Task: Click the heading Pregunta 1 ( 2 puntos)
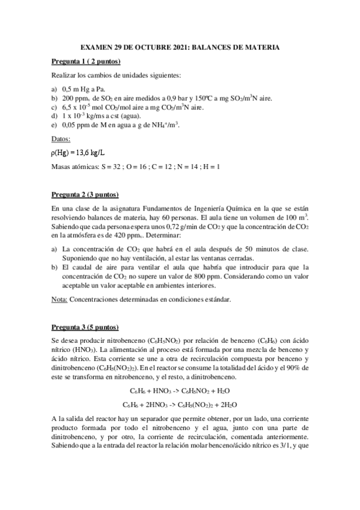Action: [x=85, y=61]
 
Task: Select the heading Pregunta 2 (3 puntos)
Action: [x=84, y=194]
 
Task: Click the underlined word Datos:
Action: [x=61, y=139]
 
